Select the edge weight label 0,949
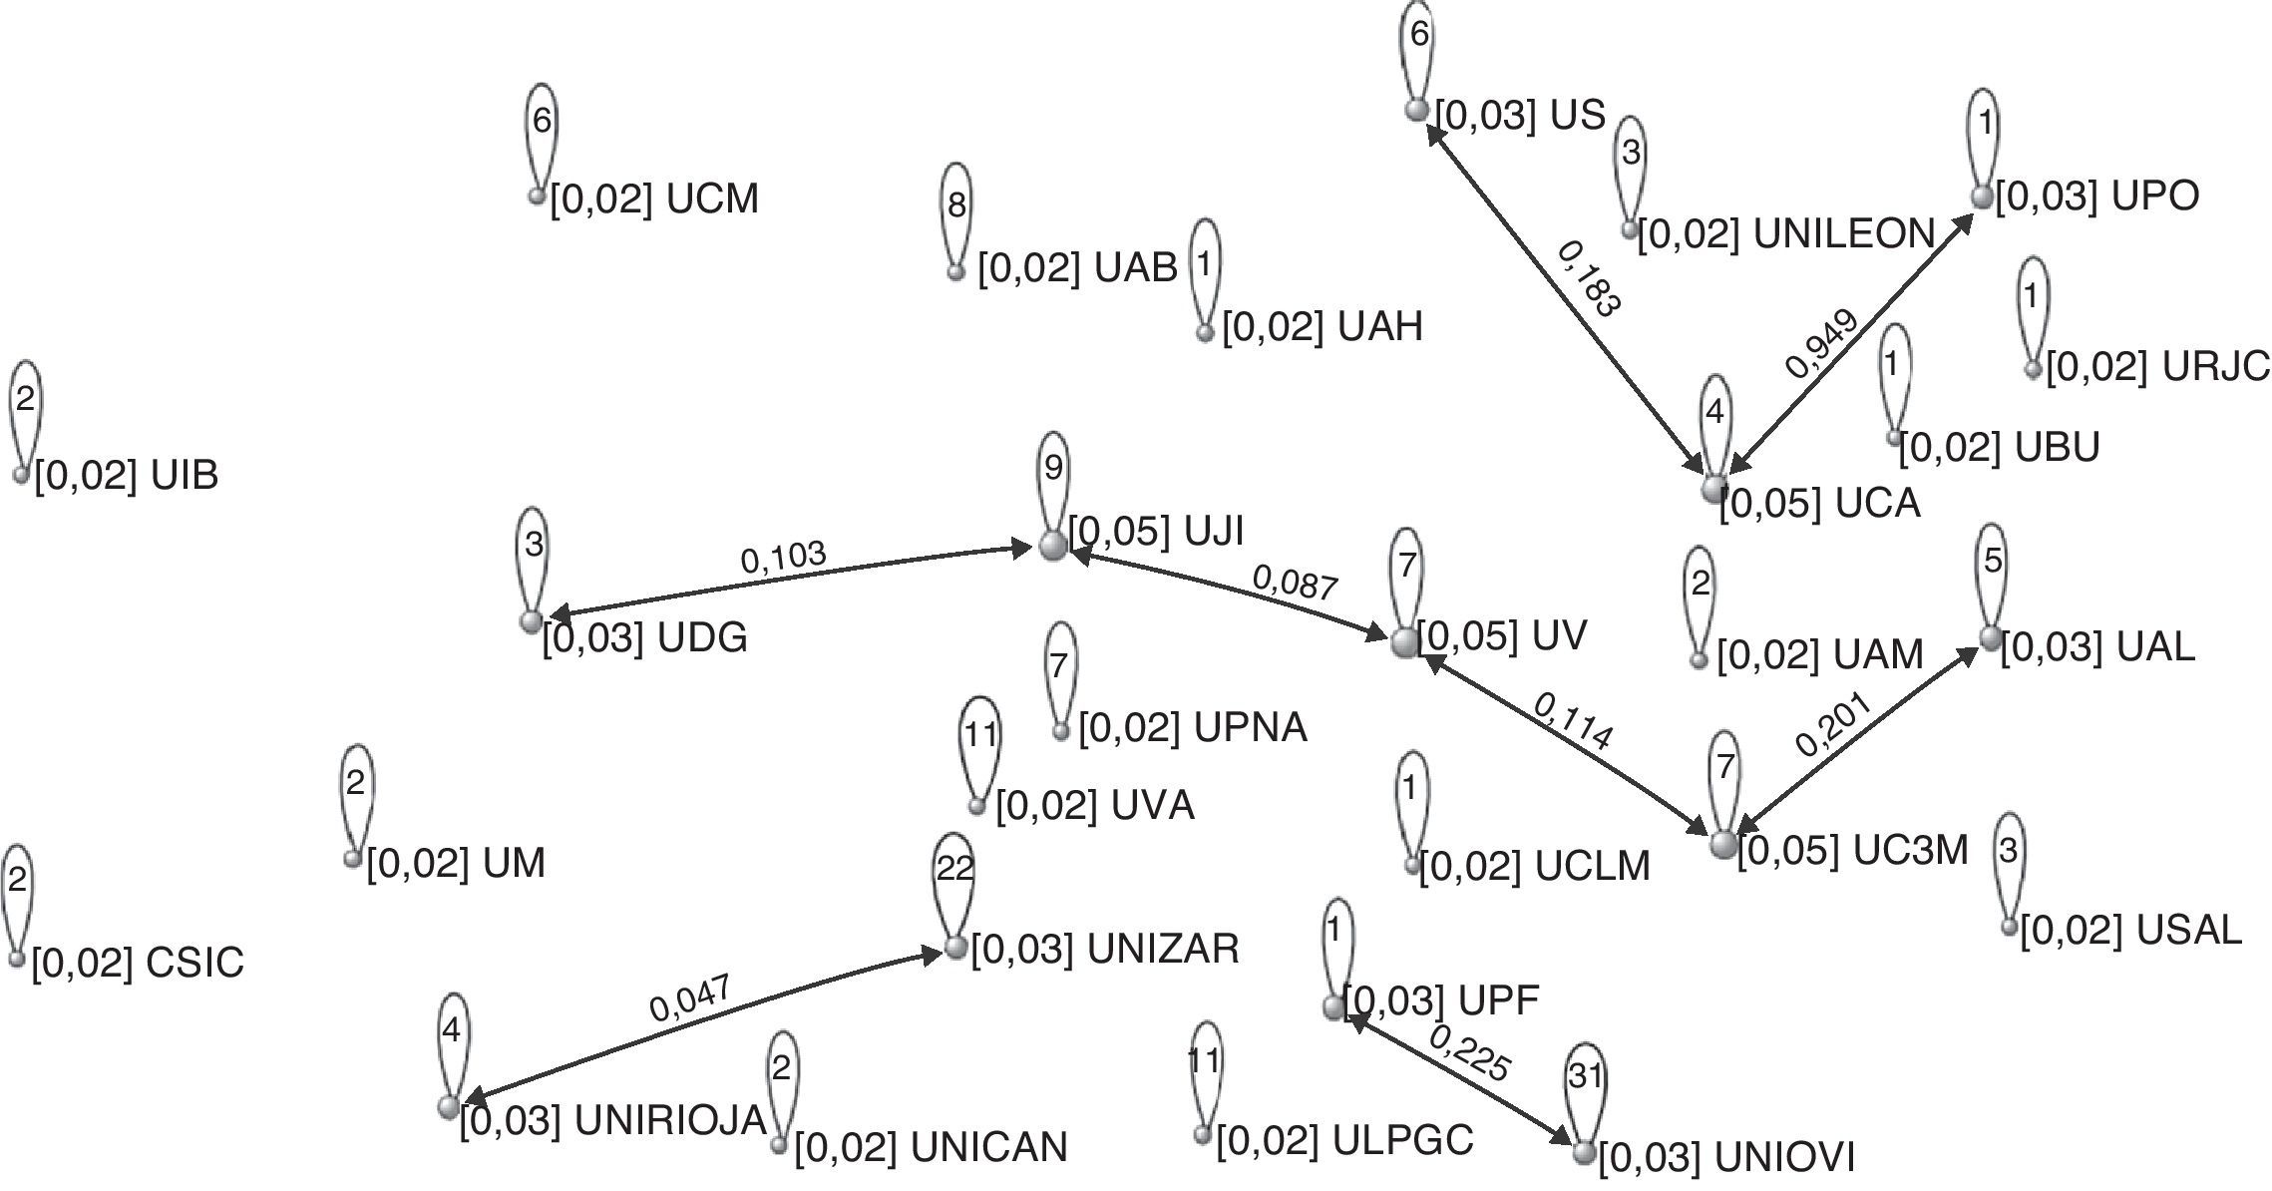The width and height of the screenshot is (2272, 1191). click(x=1822, y=344)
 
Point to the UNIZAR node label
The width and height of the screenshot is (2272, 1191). click(x=1105, y=949)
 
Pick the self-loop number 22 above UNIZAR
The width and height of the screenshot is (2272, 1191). click(x=954, y=869)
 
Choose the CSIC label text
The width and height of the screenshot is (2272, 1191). click(x=138, y=963)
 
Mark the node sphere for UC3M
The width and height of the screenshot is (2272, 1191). click(x=1723, y=844)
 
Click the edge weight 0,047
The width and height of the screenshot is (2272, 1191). click(x=690, y=998)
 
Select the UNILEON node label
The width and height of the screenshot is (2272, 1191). click(x=1786, y=233)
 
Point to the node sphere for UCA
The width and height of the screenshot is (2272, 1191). click(x=1713, y=489)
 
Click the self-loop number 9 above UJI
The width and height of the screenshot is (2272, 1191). click(x=1053, y=467)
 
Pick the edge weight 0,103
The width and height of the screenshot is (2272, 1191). click(x=783, y=558)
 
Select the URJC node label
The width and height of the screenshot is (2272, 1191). click(x=2158, y=367)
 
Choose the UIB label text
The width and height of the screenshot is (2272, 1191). click(x=127, y=475)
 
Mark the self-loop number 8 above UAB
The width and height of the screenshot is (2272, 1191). click(x=956, y=205)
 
